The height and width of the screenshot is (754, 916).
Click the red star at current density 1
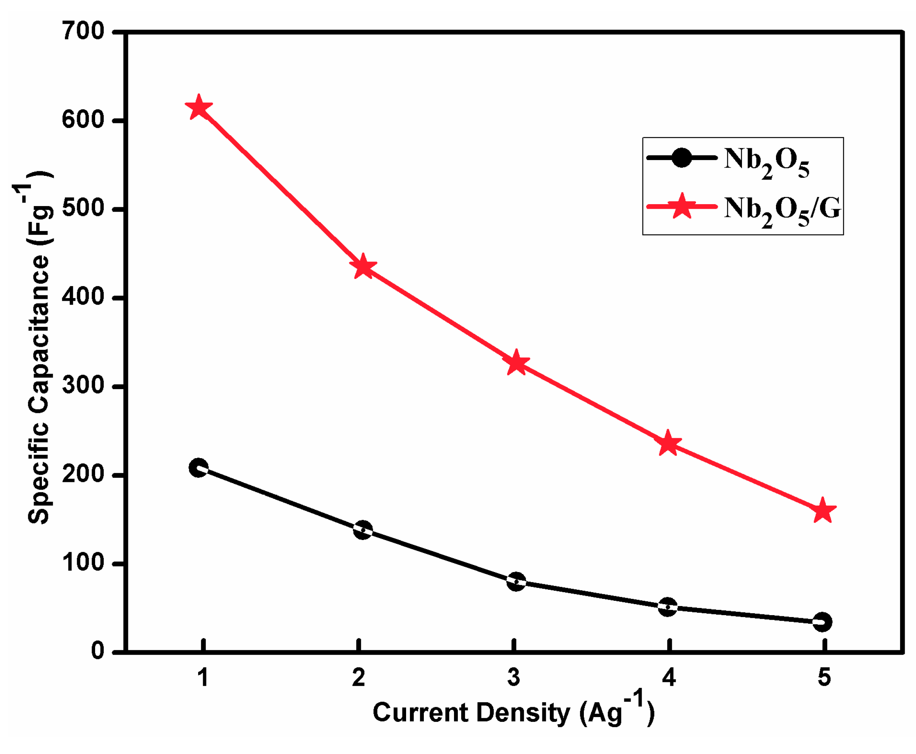(199, 107)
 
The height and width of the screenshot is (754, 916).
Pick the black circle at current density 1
(199, 468)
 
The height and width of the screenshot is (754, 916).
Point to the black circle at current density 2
(363, 530)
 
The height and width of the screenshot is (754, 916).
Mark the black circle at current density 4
(668, 607)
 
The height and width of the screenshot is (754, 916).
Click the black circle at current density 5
(822, 622)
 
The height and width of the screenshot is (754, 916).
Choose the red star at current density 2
(363, 267)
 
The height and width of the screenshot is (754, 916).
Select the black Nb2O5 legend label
(767, 162)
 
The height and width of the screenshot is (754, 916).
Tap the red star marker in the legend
(682, 206)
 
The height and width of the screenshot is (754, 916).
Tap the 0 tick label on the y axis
(97, 651)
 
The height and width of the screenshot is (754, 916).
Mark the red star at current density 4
(668, 443)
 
